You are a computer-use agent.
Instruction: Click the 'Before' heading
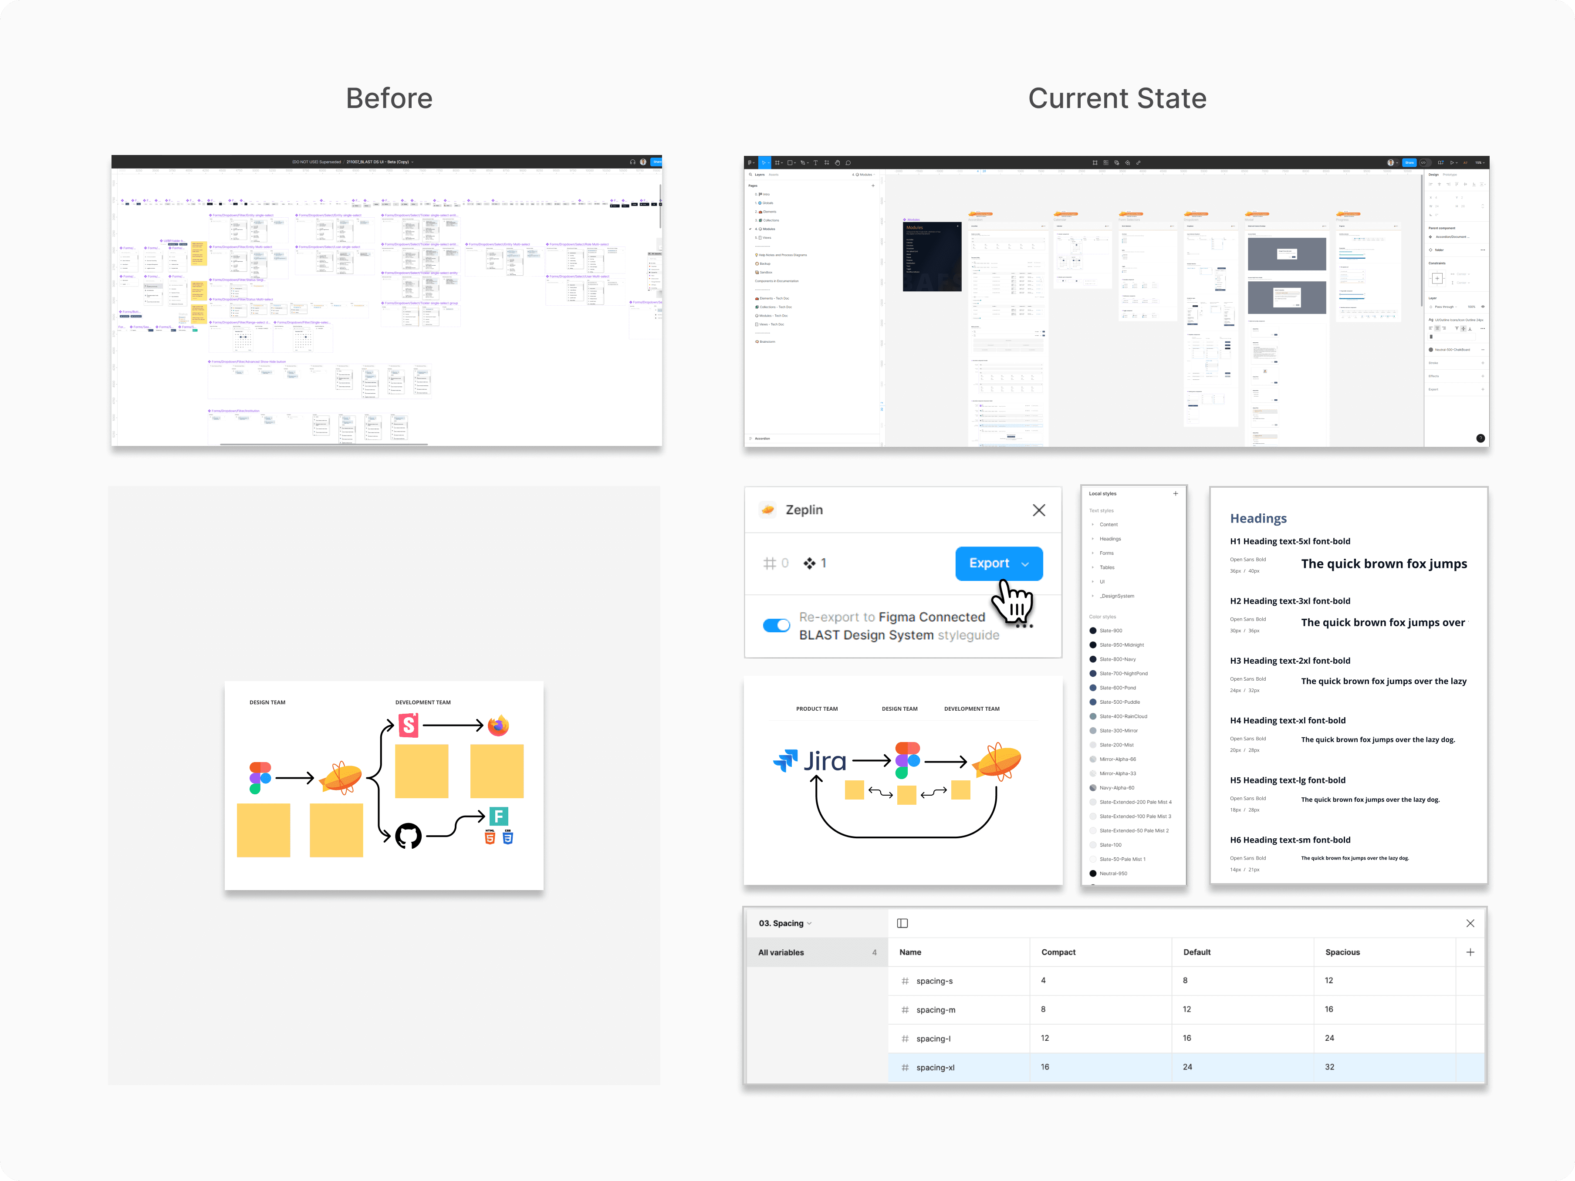pos(389,98)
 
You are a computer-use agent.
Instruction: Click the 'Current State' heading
pos(1117,98)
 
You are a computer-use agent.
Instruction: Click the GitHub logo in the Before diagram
pos(408,836)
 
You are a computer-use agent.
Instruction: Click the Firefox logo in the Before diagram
pos(498,725)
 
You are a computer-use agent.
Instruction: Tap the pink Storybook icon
pos(408,725)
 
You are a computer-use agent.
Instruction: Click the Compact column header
pos(1058,952)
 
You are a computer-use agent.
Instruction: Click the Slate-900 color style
pos(1111,631)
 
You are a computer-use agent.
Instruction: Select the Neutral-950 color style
pos(1113,874)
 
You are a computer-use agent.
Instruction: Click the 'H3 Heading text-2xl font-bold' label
pos(1289,661)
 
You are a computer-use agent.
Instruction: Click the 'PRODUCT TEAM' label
pos(817,709)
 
